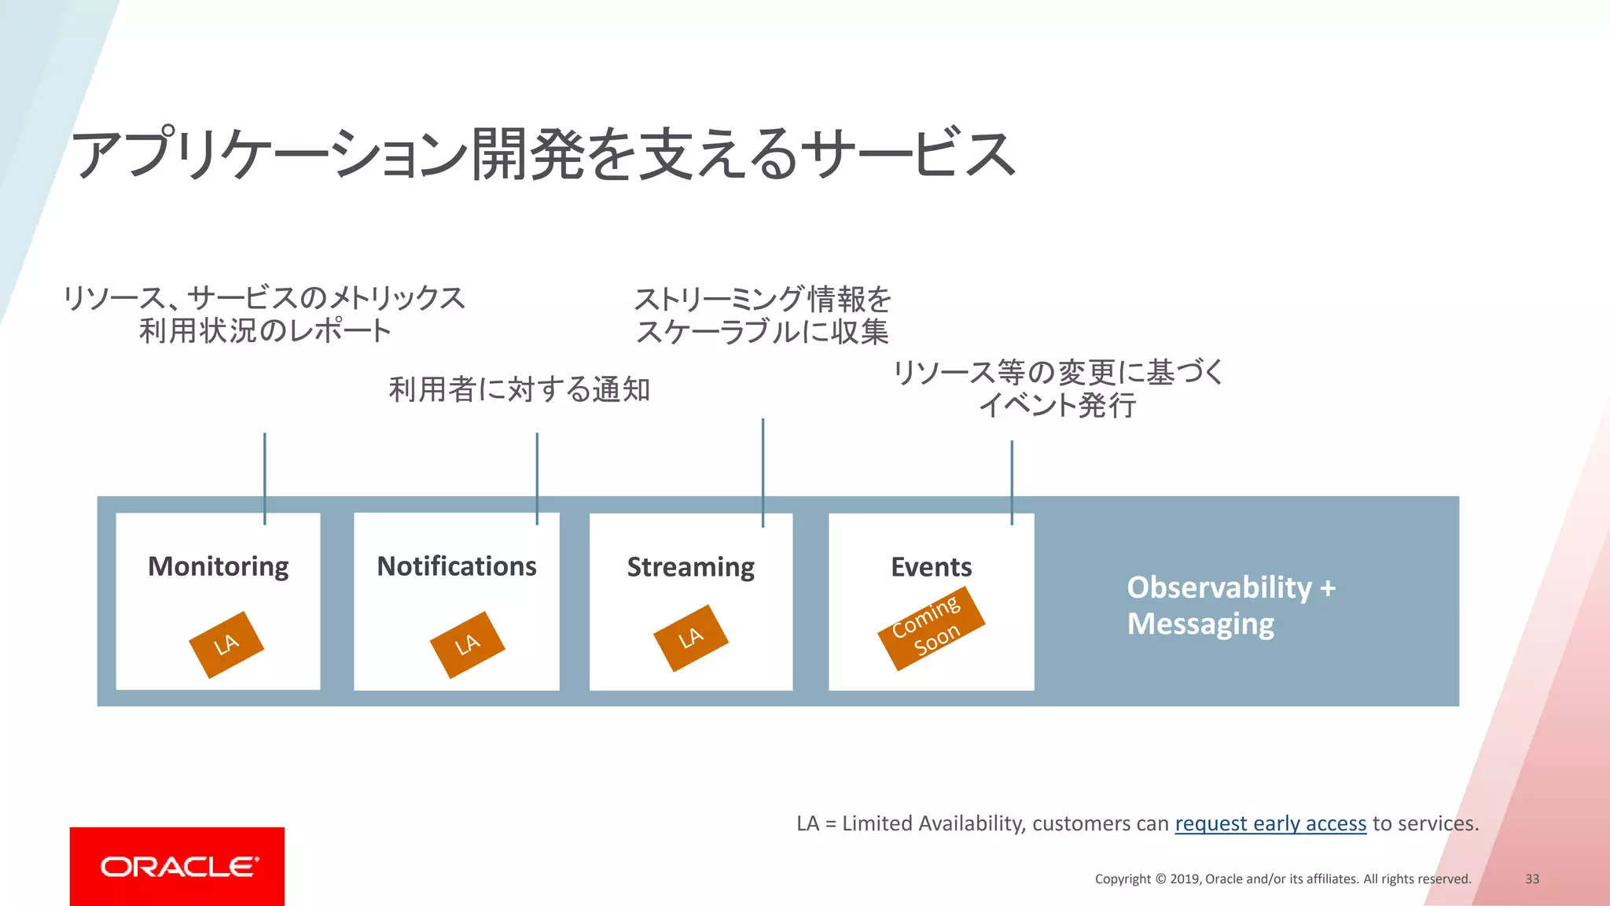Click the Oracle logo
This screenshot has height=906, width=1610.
(178, 867)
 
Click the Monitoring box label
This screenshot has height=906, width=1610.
(219, 566)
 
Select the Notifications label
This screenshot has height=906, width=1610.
(457, 566)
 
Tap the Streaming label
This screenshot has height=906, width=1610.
(691, 567)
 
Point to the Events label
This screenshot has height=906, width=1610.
(932, 567)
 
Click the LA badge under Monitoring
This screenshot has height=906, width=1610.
(226, 645)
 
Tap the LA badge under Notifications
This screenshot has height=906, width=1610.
(467, 645)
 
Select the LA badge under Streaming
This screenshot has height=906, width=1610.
(691, 638)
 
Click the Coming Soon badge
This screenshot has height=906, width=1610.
(931, 628)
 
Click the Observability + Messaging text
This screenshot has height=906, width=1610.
(1230, 605)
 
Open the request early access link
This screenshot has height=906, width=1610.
(1270, 823)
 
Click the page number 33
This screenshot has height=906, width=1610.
(1532, 878)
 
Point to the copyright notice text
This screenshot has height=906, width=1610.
(1283, 878)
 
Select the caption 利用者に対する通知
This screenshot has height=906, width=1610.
(519, 389)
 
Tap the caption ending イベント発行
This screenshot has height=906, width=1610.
(1058, 406)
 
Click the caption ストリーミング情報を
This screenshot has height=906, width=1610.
(763, 299)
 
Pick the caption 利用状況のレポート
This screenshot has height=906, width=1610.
(265, 331)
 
